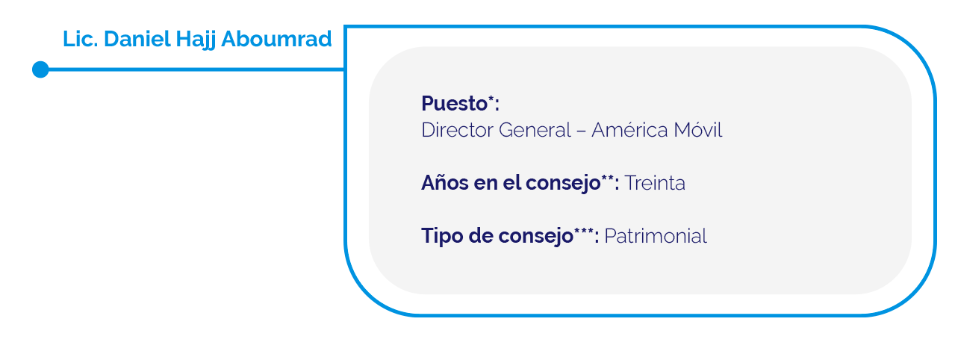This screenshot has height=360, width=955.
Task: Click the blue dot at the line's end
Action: pos(40,69)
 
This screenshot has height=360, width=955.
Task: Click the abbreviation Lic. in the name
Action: pos(81,39)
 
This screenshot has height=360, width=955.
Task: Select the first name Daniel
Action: pos(137,39)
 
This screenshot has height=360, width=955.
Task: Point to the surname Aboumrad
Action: pos(276,39)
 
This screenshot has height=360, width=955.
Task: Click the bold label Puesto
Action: pos(454,104)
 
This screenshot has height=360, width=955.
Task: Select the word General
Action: pos(535,130)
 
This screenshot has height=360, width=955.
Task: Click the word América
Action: pos(629,130)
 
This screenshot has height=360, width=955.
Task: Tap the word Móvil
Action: pos(698,130)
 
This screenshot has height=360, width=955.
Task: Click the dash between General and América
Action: pos(582,131)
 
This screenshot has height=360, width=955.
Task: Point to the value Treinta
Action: pos(655,183)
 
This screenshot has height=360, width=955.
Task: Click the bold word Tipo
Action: pos(442,236)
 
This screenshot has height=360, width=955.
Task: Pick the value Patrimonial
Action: pos(656,236)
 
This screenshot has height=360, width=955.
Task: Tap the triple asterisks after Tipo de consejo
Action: pos(583,232)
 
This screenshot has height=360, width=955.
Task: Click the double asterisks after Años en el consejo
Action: pos(608,179)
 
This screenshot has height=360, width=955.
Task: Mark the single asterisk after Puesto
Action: pos(491,99)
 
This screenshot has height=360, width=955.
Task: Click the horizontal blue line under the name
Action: pos(196,69)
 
